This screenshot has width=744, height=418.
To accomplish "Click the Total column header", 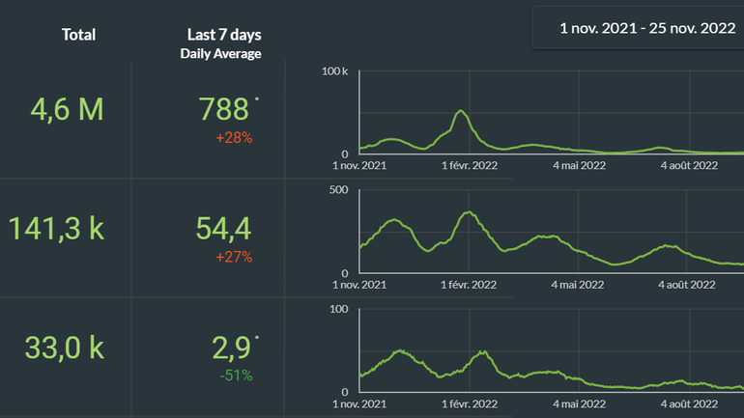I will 78,35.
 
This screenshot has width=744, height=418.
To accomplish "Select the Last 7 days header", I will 220,35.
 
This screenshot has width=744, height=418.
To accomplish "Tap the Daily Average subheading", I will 220,54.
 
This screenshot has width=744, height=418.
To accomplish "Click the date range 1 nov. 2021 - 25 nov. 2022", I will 647,28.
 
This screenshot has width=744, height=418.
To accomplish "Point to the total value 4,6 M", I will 67,110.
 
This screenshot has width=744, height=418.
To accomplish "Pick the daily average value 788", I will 224,109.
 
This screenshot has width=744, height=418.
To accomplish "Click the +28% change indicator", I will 235,138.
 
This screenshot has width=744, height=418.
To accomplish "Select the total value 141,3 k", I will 57,229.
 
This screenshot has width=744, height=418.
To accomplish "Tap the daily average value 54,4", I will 224,229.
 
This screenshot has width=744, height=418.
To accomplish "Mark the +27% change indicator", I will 235,257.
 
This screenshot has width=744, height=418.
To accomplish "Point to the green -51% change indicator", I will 235,376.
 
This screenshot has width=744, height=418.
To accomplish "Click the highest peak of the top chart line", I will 462,111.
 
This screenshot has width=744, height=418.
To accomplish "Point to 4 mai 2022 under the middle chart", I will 579,284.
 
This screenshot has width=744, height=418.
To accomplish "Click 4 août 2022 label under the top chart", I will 689,165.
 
